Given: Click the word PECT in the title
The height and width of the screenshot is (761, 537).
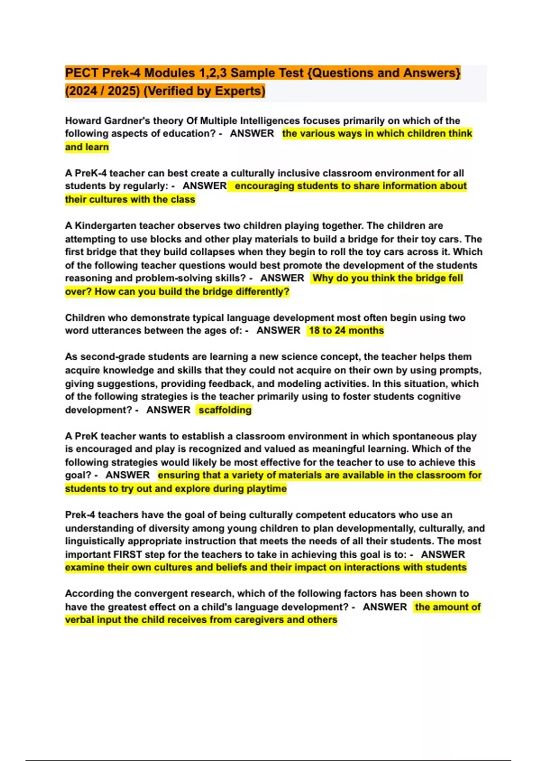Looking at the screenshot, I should (x=81, y=73).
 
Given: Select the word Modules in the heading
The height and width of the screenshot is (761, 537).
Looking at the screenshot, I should (x=170, y=73).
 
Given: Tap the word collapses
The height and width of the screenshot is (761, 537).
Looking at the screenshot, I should (x=208, y=252).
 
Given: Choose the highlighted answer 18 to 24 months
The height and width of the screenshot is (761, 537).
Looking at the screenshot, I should (x=346, y=331).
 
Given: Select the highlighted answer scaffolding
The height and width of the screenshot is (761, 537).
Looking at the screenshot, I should (x=225, y=410).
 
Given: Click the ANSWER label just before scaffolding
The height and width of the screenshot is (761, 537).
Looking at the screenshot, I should (x=168, y=410).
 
